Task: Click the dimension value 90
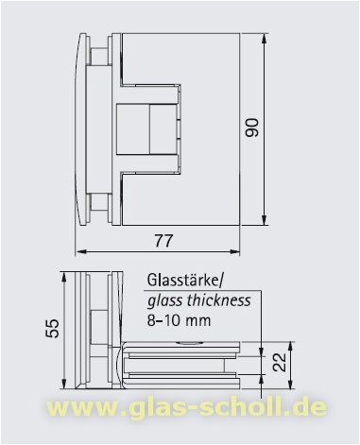[250, 127]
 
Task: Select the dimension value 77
[163, 241]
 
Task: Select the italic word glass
[164, 300]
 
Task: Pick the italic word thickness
[217, 300]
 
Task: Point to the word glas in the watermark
[161, 409]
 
